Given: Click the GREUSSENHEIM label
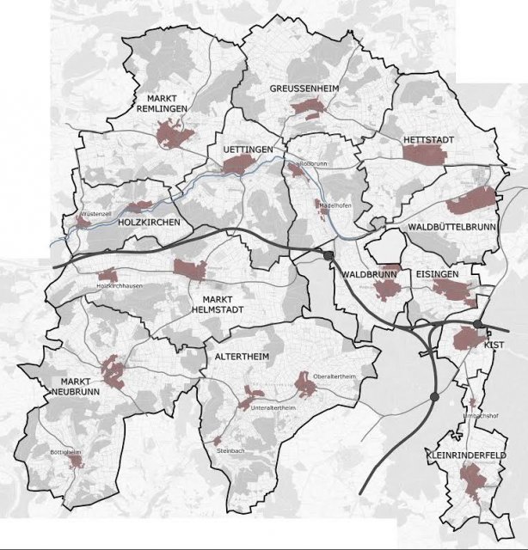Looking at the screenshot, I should [x=297, y=89].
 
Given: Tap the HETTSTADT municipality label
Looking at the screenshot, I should [x=426, y=138].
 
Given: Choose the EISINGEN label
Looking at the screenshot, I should [x=447, y=273].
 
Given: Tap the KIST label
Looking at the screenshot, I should [x=494, y=344].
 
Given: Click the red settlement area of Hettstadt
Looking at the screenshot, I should [x=426, y=153].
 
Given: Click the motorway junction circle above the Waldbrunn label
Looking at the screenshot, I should [x=328, y=255].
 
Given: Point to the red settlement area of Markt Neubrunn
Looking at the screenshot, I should [x=113, y=371].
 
